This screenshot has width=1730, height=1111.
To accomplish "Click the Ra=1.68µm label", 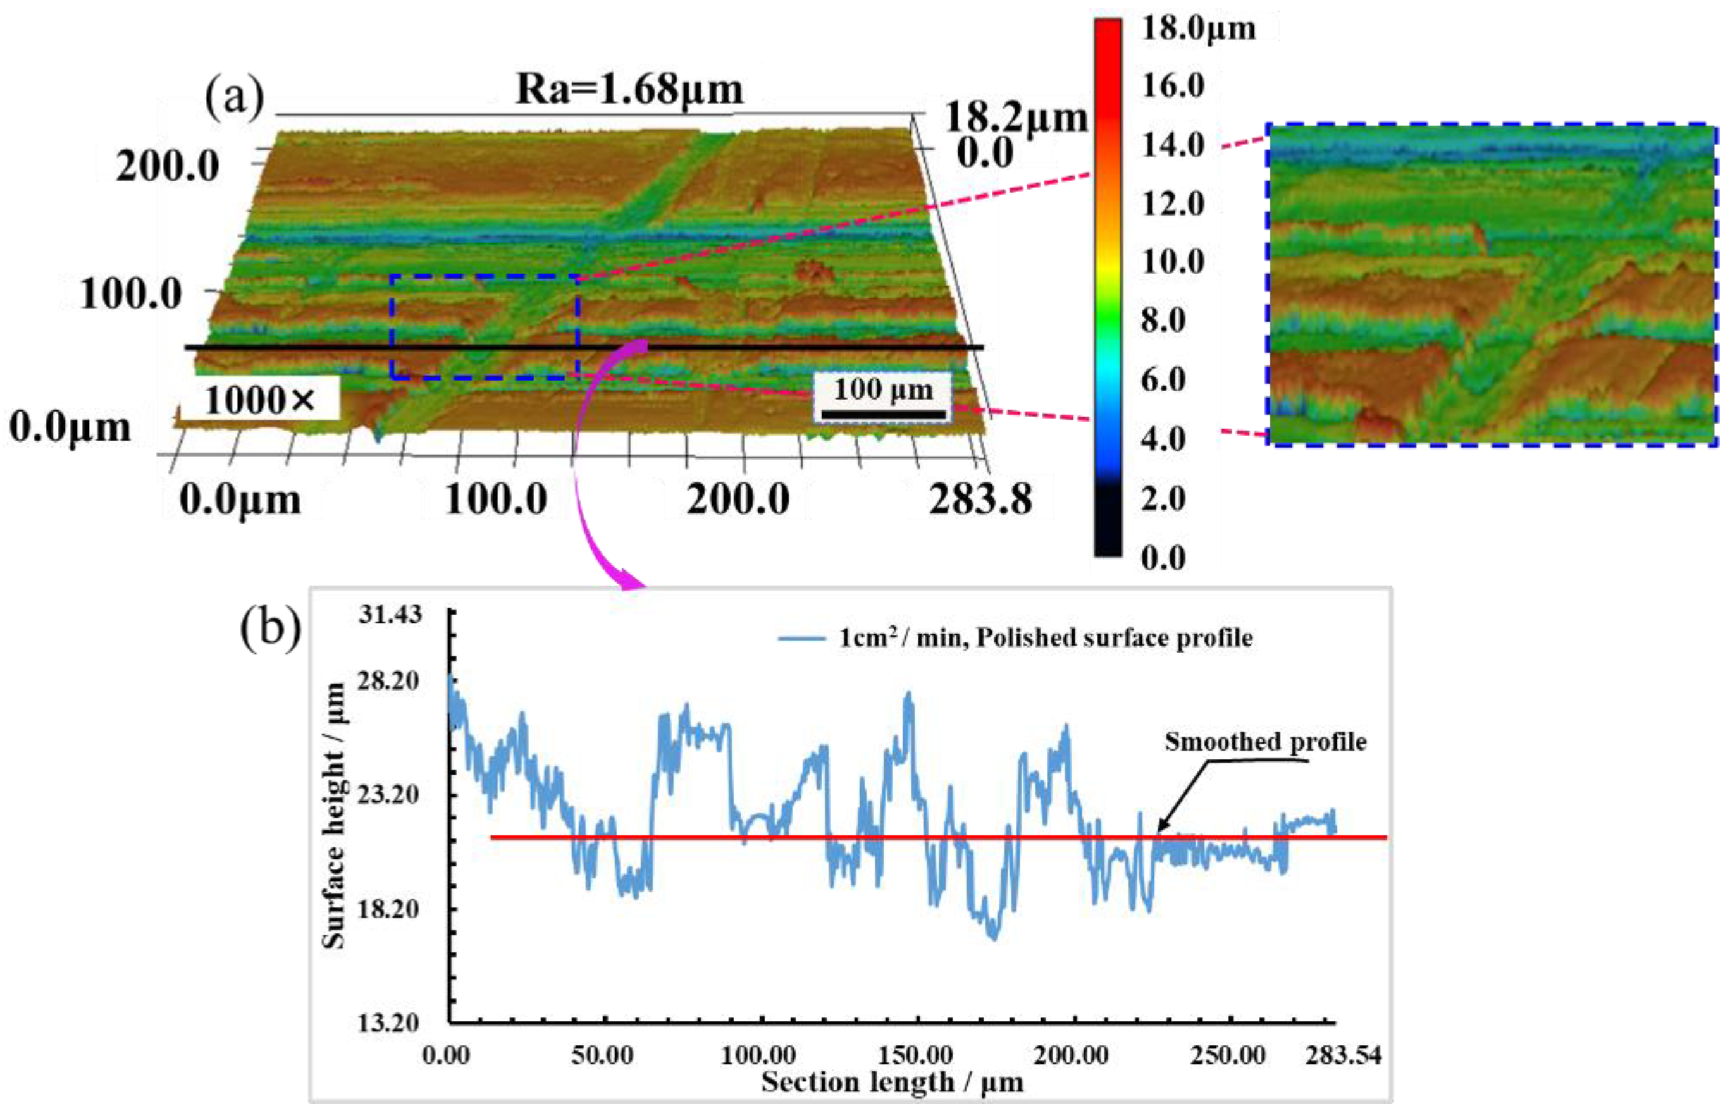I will [x=629, y=90].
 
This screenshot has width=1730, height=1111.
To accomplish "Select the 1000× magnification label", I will [x=259, y=400].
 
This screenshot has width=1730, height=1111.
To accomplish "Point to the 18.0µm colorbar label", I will [x=1198, y=29].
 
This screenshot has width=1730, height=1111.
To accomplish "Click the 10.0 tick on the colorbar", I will [x=1173, y=262].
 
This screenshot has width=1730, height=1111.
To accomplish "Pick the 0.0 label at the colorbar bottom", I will [x=1163, y=558].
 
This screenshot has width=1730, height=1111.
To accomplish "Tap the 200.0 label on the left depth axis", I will [x=168, y=168].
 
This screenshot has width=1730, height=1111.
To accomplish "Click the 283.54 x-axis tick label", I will [x=1342, y=1055].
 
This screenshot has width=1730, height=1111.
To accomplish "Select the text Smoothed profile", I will [x=1265, y=742].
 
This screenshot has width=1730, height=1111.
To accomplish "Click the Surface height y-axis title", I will [x=333, y=815].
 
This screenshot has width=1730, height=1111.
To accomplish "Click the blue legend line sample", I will [x=801, y=638].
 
